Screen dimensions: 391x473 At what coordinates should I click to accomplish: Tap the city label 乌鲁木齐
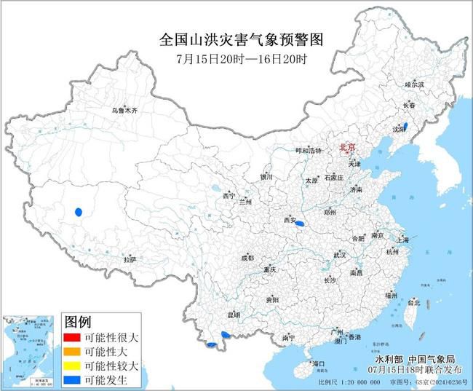pos(124,111)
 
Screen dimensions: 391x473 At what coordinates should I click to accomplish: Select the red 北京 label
pos(348,148)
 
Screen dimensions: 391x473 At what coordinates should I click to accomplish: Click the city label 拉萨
pos(130,259)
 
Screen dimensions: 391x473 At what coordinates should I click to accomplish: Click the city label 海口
pos(317,363)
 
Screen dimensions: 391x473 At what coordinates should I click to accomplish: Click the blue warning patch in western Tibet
pos(78,213)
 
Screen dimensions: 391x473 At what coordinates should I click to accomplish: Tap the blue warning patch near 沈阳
pos(405,126)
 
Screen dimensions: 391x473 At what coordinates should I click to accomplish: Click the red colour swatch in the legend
pos(73,338)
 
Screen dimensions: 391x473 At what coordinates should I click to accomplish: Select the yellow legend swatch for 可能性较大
pos(73,366)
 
